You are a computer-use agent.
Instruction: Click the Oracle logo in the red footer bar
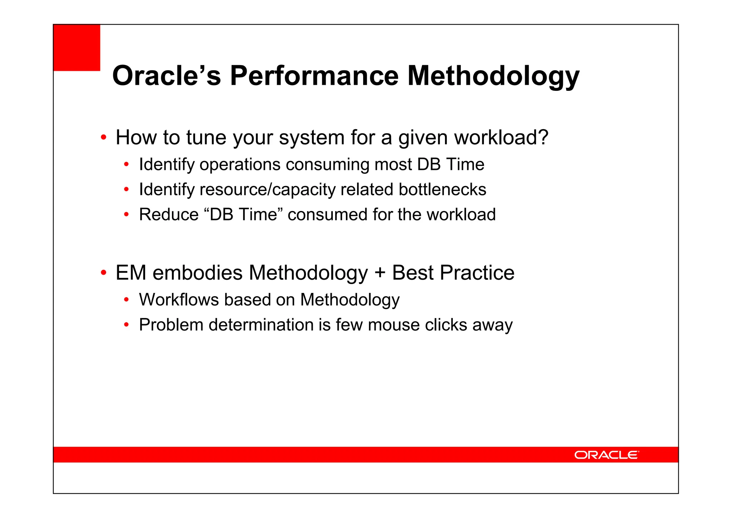[x=606, y=455]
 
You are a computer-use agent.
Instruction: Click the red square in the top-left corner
[x=76, y=48]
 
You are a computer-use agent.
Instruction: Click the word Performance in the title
[x=314, y=75]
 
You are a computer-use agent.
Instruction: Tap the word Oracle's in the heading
[x=167, y=75]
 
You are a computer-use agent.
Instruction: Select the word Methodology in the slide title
[x=493, y=76]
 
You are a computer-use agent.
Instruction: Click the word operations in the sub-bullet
[x=240, y=165]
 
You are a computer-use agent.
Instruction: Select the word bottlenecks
[x=442, y=190]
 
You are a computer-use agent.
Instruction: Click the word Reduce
[x=168, y=215]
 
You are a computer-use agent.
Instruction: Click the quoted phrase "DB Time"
[x=243, y=215]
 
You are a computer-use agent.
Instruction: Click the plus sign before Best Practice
[x=380, y=273]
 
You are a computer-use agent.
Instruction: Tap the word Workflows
[x=179, y=300]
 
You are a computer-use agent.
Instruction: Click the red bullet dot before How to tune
[x=103, y=138]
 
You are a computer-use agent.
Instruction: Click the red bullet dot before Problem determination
[x=126, y=325]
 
